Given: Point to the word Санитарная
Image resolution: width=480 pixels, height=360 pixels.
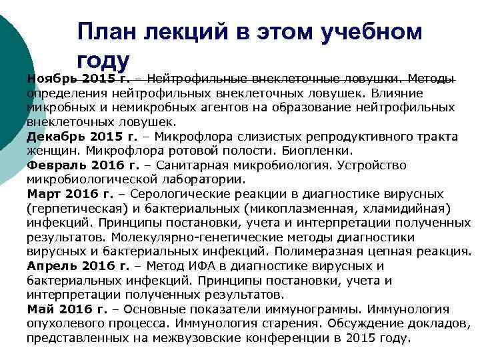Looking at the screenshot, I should [x=186, y=165].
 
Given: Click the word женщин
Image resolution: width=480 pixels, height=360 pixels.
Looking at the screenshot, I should [x=49, y=151].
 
